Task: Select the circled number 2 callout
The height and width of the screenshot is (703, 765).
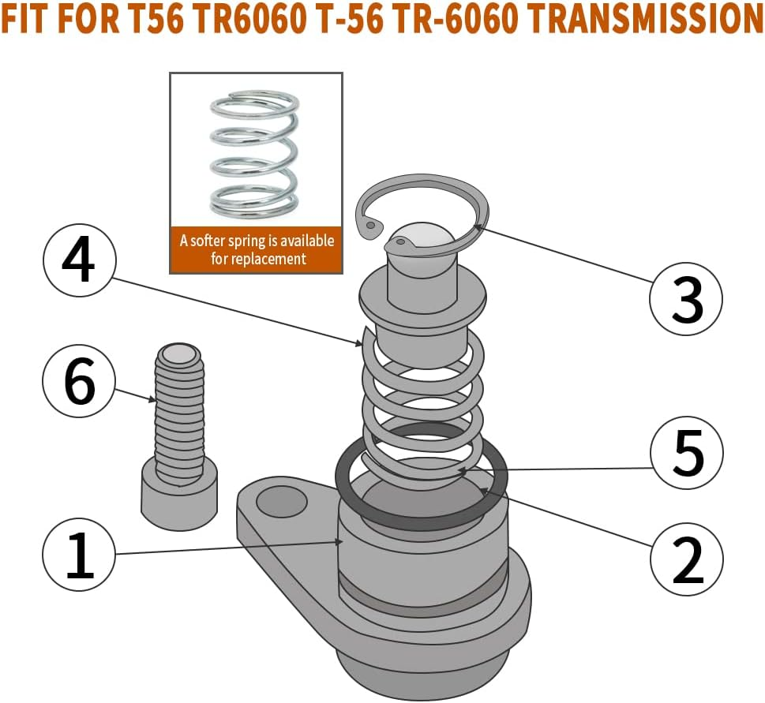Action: click(687, 559)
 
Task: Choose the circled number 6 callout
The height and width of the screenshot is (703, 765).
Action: click(79, 382)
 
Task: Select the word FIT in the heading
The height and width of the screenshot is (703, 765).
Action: click(30, 19)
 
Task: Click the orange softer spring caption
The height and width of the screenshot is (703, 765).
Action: click(257, 249)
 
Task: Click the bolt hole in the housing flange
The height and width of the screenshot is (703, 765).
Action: click(281, 499)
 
